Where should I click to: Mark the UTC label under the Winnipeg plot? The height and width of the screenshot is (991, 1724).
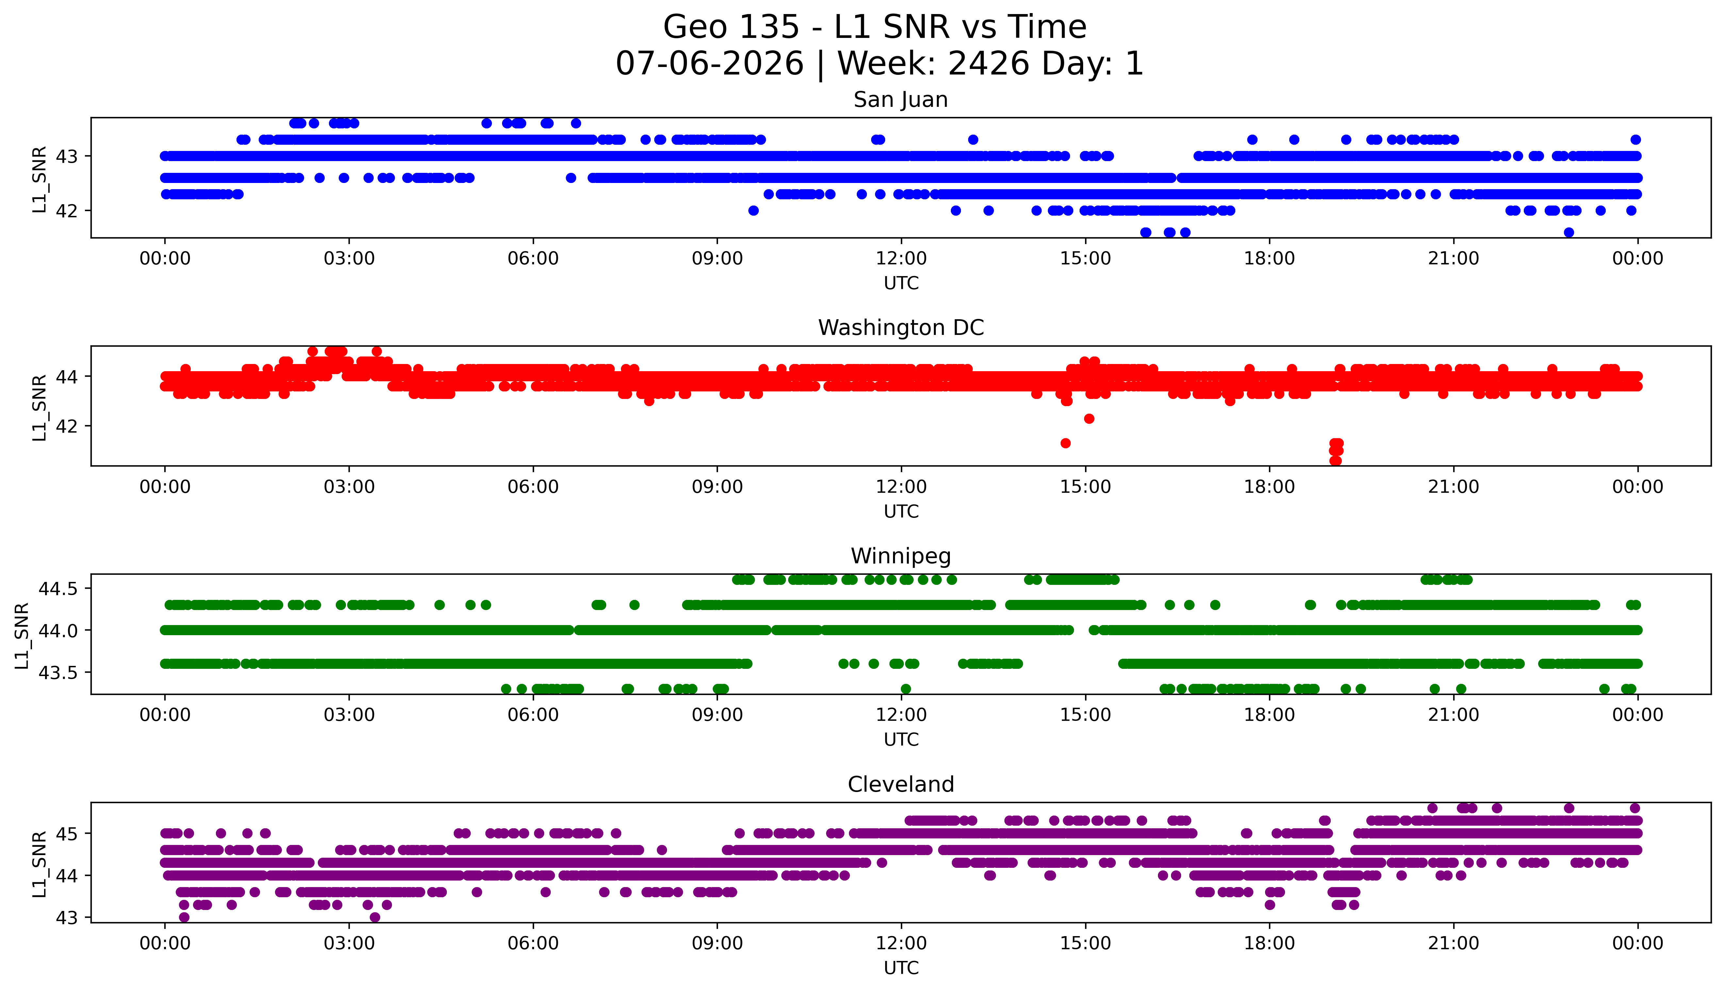901,739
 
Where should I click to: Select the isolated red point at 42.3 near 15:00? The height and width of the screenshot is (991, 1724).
1089,419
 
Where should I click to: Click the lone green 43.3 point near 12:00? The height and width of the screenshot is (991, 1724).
905,689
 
